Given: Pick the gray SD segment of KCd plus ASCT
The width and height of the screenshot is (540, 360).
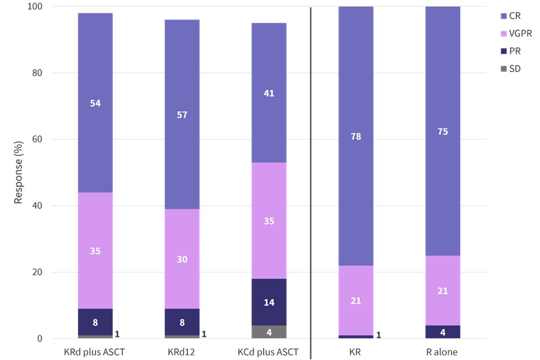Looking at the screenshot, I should [x=269, y=332].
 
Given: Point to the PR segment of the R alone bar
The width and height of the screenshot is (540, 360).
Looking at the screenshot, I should [x=443, y=332].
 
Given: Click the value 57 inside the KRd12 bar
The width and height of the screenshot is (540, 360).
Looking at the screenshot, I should [x=182, y=114].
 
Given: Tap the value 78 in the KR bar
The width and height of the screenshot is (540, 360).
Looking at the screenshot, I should [x=356, y=136].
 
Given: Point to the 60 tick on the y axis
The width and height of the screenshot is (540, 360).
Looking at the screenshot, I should [x=42, y=139].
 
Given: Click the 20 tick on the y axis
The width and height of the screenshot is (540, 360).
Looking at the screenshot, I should [x=42, y=272].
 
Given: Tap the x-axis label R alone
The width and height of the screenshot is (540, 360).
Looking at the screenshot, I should [x=443, y=351].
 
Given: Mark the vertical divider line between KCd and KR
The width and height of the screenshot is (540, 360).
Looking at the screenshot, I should [x=311, y=173].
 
